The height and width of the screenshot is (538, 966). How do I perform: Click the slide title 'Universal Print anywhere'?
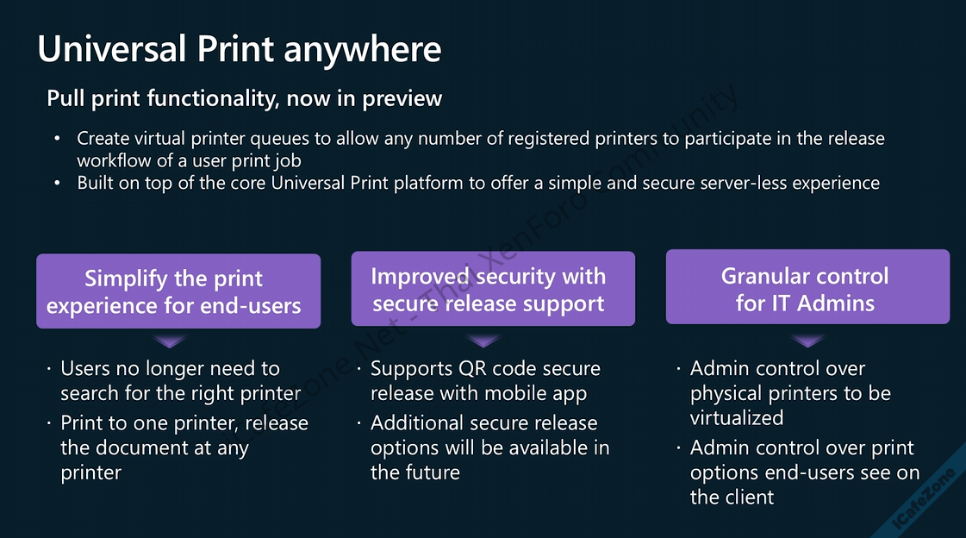click(x=239, y=49)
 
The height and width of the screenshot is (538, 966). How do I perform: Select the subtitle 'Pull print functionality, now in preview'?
click(x=244, y=98)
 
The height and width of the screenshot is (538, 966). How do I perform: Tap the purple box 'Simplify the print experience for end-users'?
click(x=178, y=291)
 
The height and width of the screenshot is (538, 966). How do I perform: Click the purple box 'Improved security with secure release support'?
click(x=492, y=289)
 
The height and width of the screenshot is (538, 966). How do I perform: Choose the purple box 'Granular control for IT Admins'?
click(x=807, y=288)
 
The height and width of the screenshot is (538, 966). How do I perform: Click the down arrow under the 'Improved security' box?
click(x=492, y=339)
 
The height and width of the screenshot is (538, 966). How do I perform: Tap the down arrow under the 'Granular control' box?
click(x=807, y=339)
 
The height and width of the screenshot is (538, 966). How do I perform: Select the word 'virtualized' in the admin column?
click(x=736, y=418)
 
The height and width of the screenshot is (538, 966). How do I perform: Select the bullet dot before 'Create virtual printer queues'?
click(x=58, y=138)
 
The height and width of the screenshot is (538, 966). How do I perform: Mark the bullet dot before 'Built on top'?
click(x=58, y=183)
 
